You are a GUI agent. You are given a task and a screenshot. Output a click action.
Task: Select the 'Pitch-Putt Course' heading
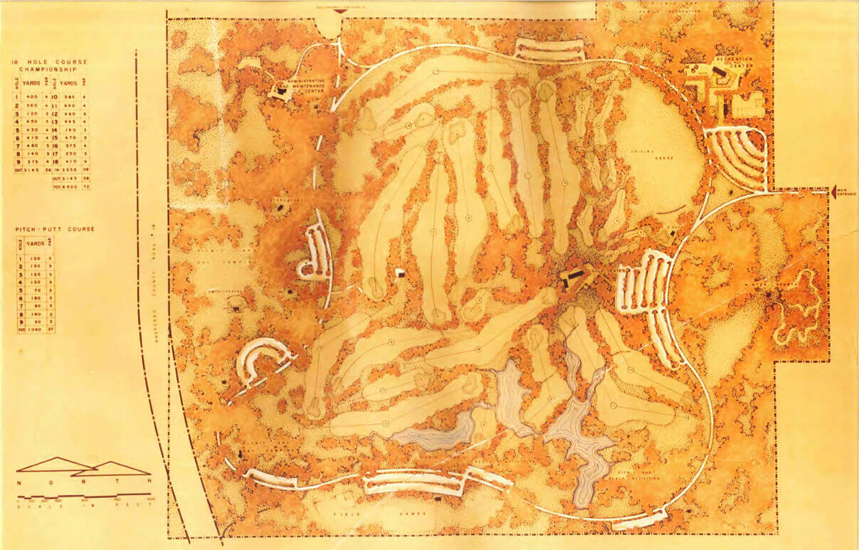pos(54,229)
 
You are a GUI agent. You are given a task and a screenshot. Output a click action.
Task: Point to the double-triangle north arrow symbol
pos(82,466)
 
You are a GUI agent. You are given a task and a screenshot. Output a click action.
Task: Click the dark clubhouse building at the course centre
pos(574,275)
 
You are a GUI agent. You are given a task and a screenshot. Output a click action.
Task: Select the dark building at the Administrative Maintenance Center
pos(282,90)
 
